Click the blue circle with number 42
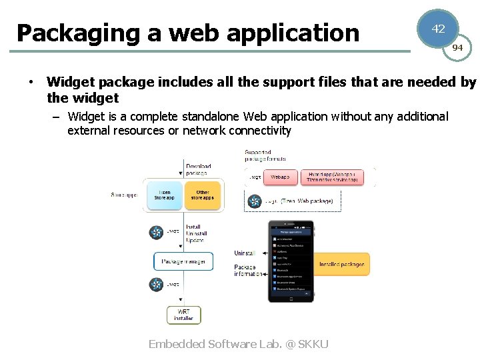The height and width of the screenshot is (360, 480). click(438, 29)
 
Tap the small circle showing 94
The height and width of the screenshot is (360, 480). click(457, 48)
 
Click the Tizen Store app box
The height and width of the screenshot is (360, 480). click(164, 195)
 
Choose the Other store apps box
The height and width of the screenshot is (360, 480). click(202, 195)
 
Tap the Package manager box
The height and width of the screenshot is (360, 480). click(183, 261)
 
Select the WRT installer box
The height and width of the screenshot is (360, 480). click(183, 315)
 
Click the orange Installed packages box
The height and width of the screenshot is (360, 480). click(341, 265)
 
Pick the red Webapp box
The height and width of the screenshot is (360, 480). click(280, 177)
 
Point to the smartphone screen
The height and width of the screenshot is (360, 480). click(291, 261)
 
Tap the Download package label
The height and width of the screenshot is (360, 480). click(198, 169)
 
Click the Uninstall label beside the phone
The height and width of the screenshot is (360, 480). click(245, 253)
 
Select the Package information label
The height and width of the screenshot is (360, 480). click(248, 271)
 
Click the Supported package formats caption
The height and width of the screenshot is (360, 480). click(266, 156)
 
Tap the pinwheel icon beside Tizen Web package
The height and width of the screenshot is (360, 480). click(254, 201)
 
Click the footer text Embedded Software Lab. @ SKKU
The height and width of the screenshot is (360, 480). click(239, 344)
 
